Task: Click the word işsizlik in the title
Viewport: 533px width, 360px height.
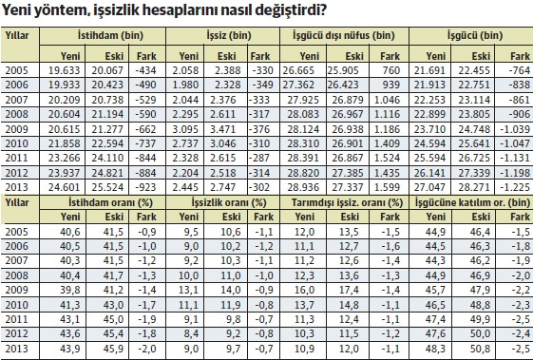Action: [x=120, y=11]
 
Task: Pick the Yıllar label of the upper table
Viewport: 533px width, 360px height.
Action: [x=19, y=34]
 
